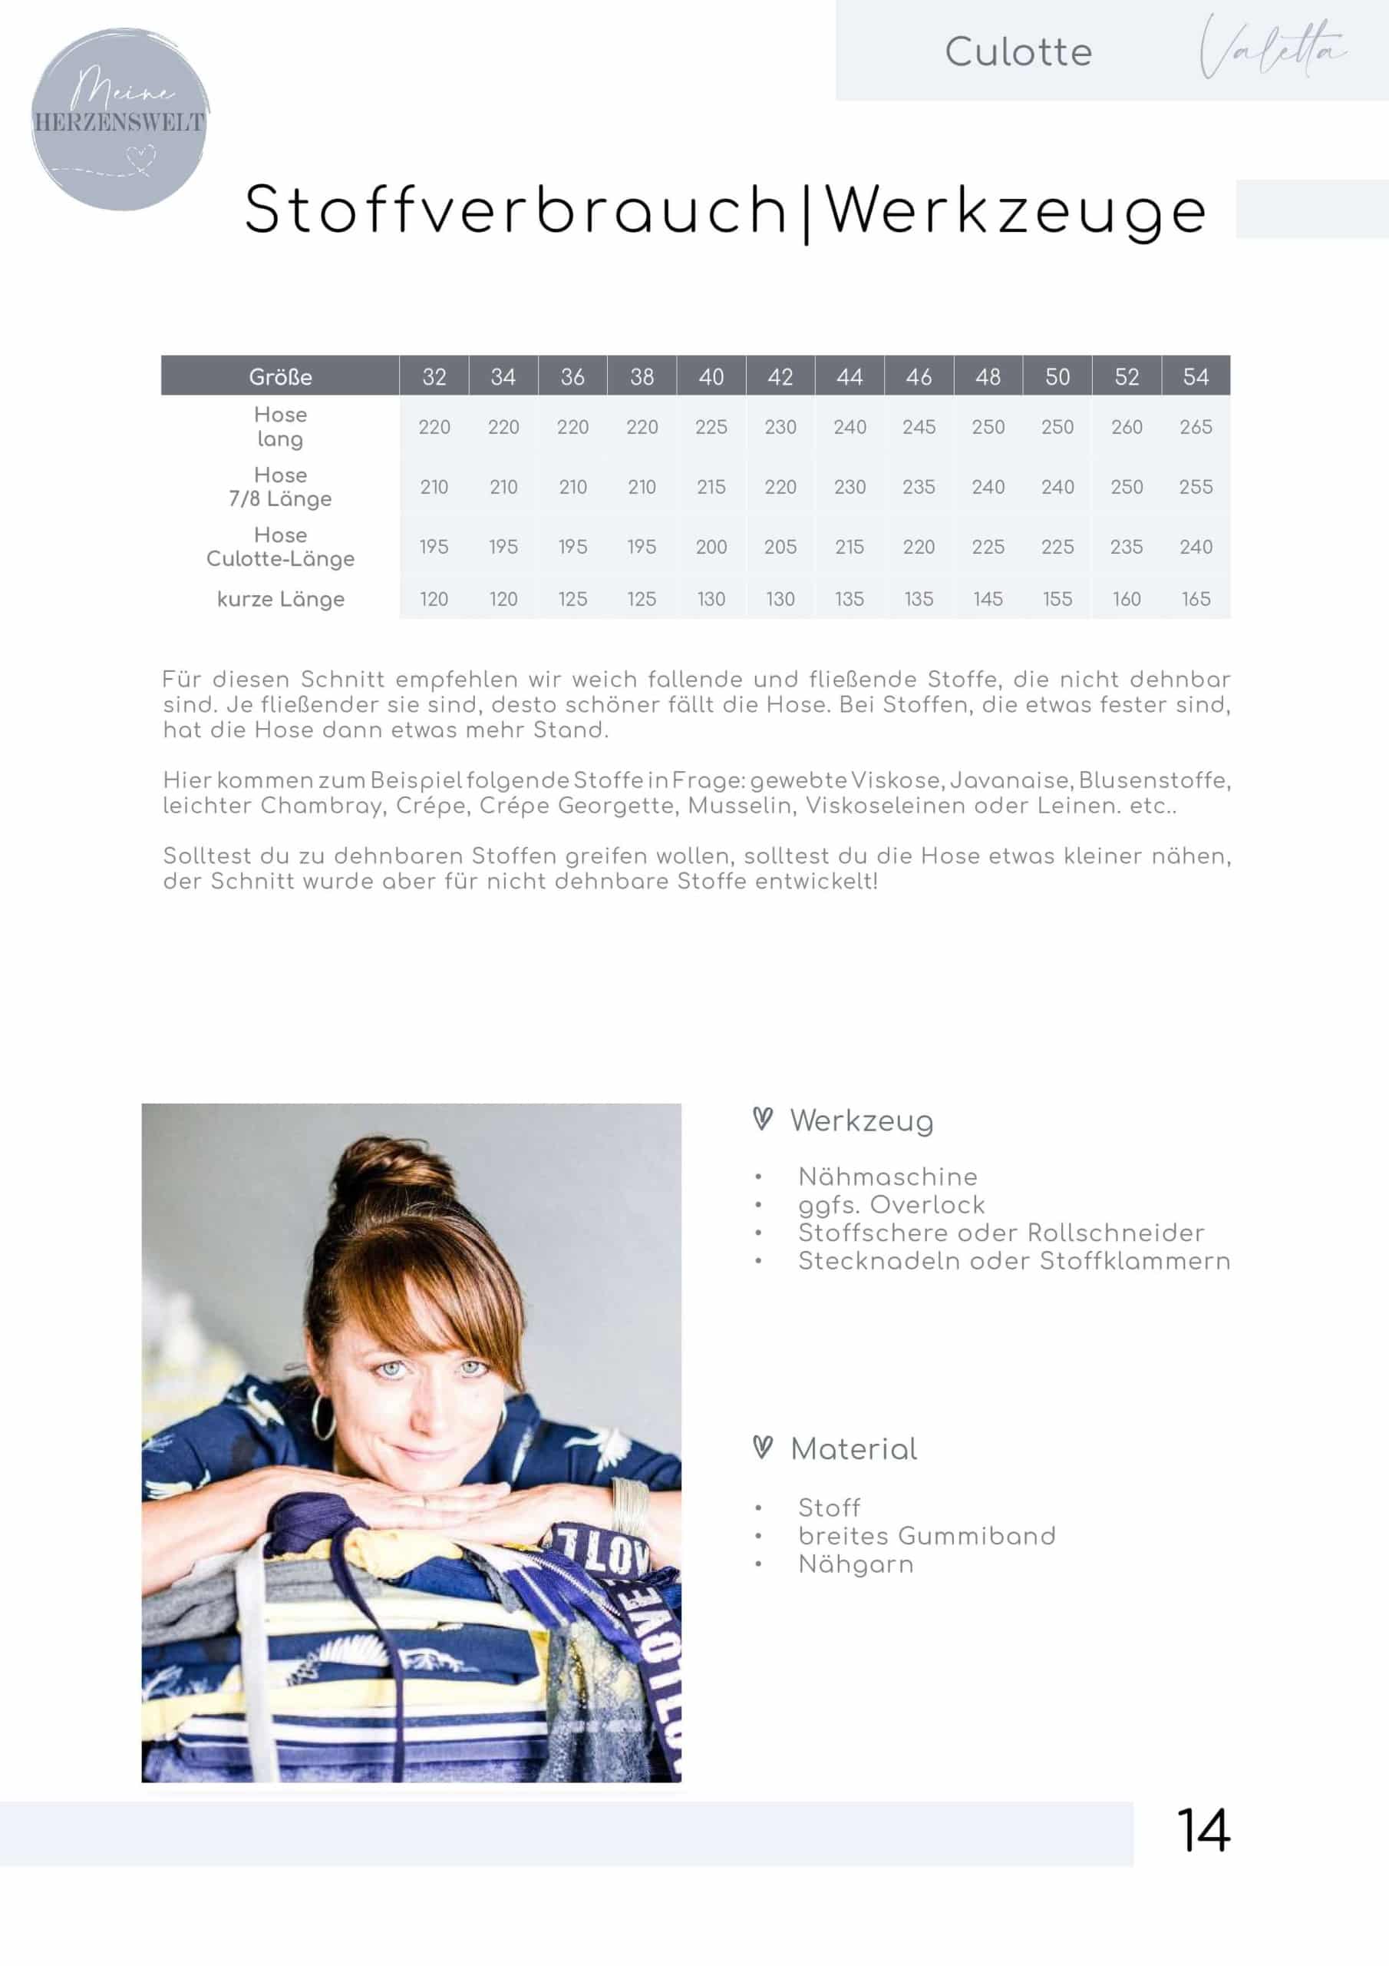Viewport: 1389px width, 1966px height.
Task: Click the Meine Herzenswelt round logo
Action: coord(120,120)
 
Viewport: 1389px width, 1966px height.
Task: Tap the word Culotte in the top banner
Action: coord(1018,52)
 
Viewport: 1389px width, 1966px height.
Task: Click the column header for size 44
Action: coord(849,377)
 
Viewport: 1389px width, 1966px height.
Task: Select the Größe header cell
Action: coord(280,377)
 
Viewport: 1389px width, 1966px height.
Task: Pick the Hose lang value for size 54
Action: coord(1195,426)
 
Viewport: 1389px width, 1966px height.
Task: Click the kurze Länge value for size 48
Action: coord(988,598)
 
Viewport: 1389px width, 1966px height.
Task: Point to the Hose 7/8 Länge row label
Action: coord(280,486)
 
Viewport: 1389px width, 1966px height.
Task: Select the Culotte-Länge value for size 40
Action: coord(711,546)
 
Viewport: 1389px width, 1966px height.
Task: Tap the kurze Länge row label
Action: coord(280,598)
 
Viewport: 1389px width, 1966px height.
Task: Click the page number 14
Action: coord(1203,1831)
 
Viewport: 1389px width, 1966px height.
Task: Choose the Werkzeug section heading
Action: coord(861,1120)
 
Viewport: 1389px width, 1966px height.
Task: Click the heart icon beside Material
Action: coord(762,1447)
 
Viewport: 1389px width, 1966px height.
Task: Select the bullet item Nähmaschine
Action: coord(887,1177)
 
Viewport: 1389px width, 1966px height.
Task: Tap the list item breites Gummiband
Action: coord(926,1535)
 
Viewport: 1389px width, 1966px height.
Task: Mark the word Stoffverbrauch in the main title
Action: coord(514,210)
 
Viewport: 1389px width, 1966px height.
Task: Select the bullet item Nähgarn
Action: coord(855,1564)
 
